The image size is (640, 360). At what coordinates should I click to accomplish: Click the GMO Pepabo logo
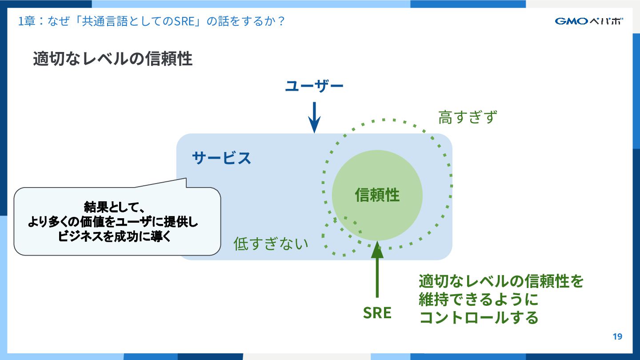(x=588, y=21)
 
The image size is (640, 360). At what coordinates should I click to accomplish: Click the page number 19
(x=617, y=336)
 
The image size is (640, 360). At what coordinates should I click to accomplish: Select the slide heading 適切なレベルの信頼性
(x=112, y=59)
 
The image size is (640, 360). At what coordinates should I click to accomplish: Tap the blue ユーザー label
(x=314, y=86)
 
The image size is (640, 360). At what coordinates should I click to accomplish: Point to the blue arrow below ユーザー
(x=314, y=117)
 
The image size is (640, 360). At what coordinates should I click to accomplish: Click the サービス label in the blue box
(x=221, y=158)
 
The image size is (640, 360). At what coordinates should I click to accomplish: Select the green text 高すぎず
(x=467, y=117)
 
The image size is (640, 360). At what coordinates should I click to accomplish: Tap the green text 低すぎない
(x=271, y=244)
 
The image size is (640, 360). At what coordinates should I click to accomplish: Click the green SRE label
(x=377, y=313)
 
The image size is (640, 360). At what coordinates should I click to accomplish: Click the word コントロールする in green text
(x=479, y=317)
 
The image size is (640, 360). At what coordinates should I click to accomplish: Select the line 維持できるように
(x=478, y=299)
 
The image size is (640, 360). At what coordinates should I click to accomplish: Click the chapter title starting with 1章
(x=151, y=21)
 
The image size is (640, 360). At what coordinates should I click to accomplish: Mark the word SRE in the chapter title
(x=181, y=21)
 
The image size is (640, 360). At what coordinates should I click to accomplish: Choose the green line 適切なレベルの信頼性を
(x=501, y=281)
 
